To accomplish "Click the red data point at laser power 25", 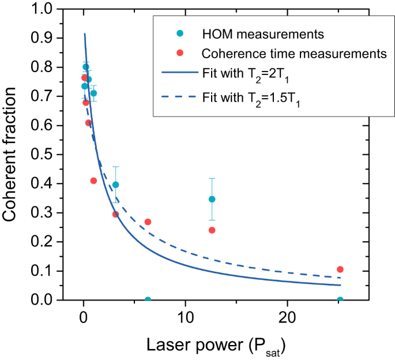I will (x=340, y=269).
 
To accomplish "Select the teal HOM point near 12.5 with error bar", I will (x=212, y=199).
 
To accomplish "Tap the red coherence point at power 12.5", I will (x=212, y=230).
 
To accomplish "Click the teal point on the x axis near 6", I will (x=148, y=300).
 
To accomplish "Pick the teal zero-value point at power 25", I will (x=340, y=300).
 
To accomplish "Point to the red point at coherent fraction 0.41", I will (x=93, y=181).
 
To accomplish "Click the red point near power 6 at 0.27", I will (x=148, y=222).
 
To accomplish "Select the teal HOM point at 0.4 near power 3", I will (x=115, y=185).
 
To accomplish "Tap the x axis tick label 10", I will (x=185, y=317).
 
